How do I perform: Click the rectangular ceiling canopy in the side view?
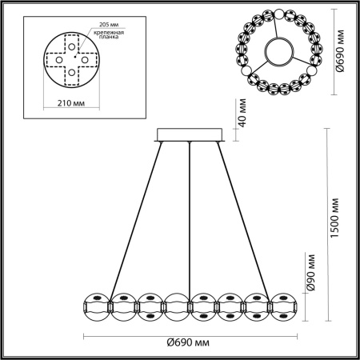190,134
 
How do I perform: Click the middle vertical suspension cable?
189,216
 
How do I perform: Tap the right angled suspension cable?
249,216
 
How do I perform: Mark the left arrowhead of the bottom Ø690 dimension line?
86,334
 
